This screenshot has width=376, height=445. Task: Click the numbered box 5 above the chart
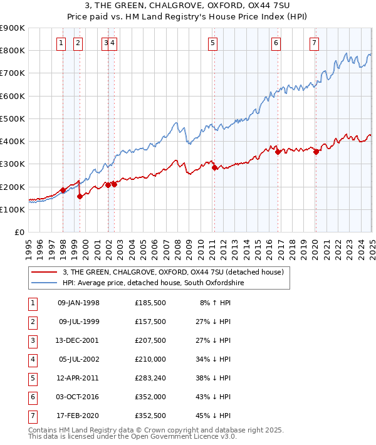(x=213, y=43)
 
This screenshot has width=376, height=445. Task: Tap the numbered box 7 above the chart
(x=313, y=43)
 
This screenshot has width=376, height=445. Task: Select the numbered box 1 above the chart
(x=61, y=43)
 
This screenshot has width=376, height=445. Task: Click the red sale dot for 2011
(x=214, y=167)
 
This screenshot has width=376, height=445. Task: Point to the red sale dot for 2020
(x=316, y=152)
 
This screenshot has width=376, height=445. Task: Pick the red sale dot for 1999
(x=80, y=196)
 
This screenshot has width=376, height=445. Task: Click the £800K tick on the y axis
(x=13, y=50)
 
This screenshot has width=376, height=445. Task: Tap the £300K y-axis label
(x=13, y=164)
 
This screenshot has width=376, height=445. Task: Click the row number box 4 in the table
(x=31, y=360)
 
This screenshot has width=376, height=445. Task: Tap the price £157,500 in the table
(x=150, y=322)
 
